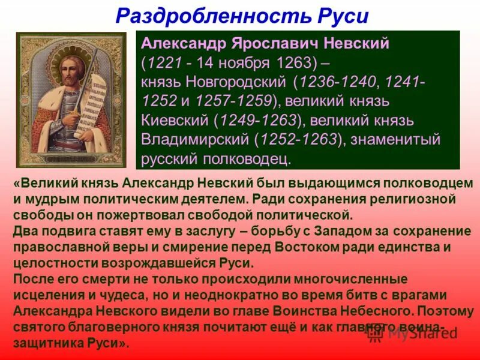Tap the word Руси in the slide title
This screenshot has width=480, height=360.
(340, 16)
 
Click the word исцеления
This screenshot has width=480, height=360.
(51, 296)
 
